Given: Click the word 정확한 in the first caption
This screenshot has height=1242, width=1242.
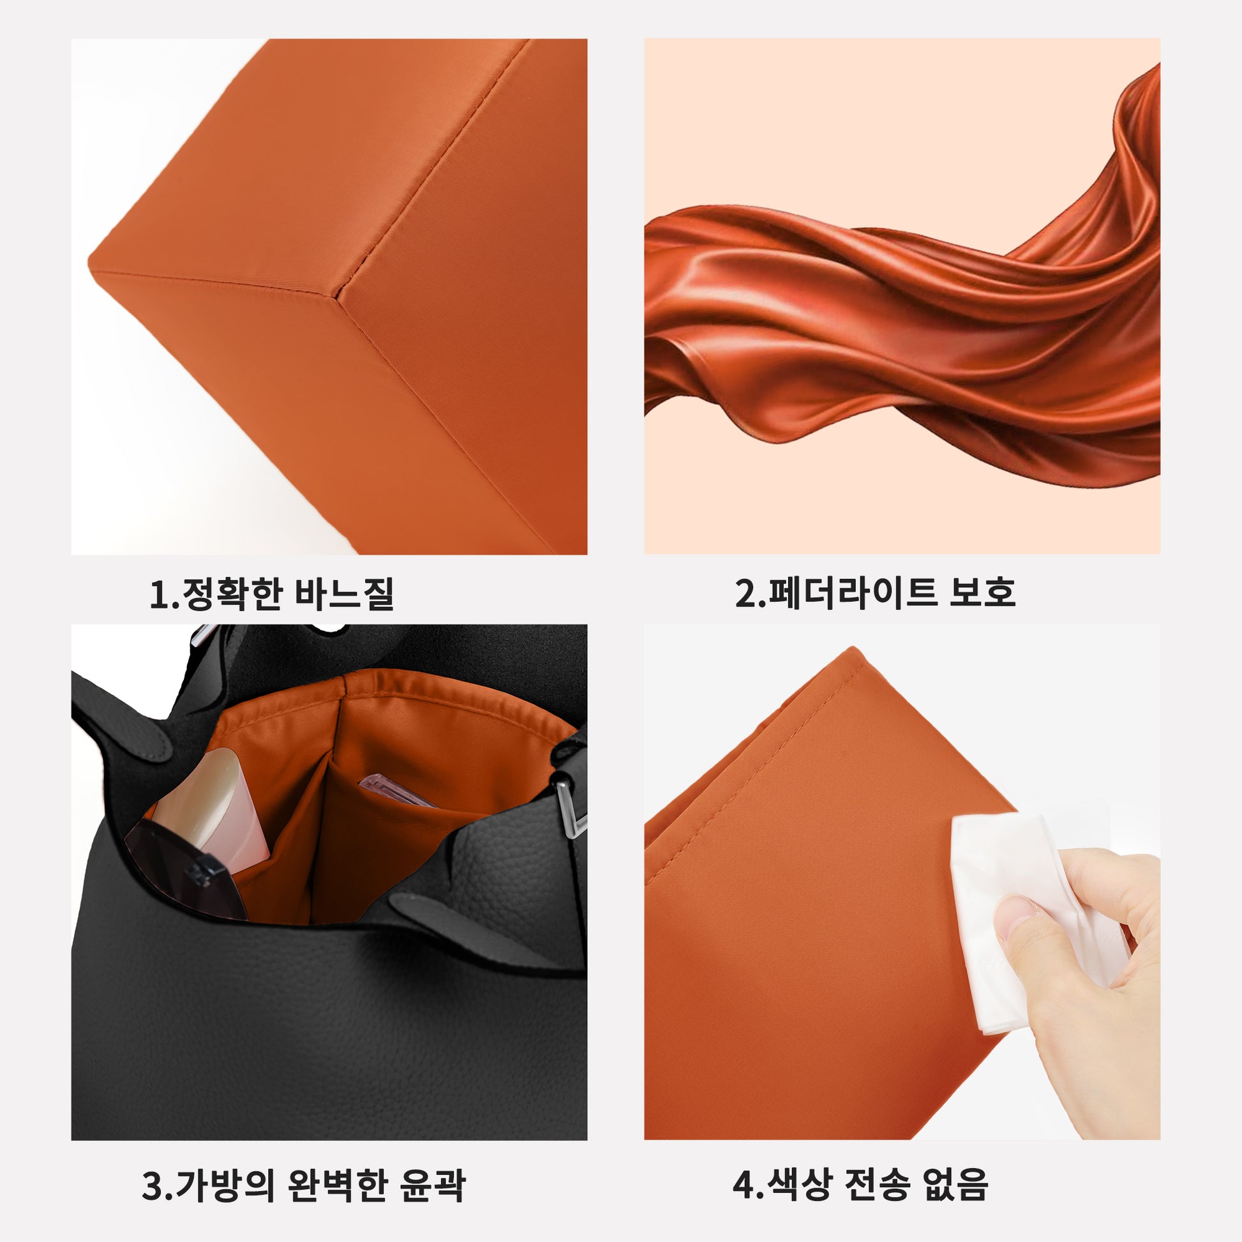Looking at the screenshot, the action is pyautogui.click(x=233, y=594).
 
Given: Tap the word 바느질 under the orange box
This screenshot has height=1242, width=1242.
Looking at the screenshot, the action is pyautogui.click(x=343, y=594).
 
